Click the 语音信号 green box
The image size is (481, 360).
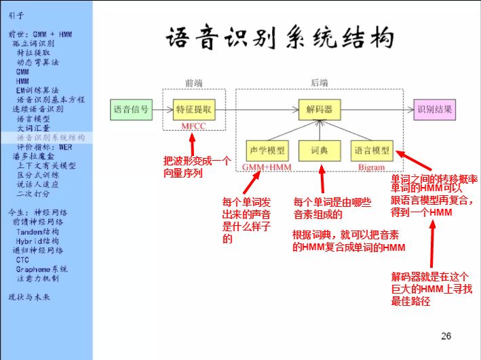(130, 109)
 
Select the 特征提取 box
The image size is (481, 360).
(193, 109)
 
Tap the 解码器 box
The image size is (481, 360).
(320, 109)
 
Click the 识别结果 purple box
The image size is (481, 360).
(434, 109)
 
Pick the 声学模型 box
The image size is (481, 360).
(267, 150)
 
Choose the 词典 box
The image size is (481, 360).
(320, 150)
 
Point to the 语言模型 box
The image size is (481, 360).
(372, 150)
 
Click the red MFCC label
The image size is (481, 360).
(193, 127)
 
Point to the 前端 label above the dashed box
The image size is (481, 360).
(193, 83)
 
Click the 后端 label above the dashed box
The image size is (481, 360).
(319, 83)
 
